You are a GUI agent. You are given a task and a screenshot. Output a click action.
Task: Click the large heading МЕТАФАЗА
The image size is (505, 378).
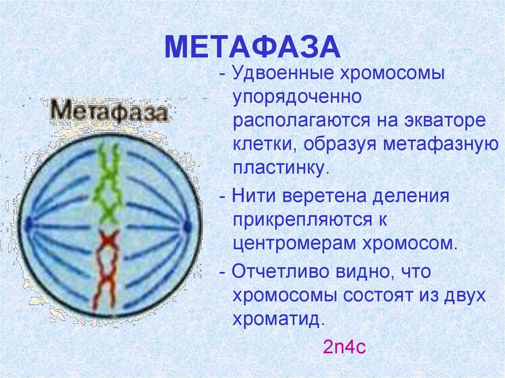(252, 47)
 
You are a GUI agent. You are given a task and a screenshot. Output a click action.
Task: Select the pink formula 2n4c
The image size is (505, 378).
(344, 347)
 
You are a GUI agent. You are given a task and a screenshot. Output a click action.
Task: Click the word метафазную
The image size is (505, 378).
(440, 144)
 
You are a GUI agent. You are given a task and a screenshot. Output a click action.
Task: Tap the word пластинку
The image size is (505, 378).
(281, 168)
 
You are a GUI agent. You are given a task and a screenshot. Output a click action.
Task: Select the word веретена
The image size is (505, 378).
(324, 196)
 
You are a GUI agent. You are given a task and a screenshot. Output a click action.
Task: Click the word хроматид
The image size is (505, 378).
(278, 319)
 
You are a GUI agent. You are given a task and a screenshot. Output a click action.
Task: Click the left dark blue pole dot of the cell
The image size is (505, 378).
(29, 223)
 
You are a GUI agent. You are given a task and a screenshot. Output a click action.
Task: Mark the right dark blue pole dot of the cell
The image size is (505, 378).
(187, 227)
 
